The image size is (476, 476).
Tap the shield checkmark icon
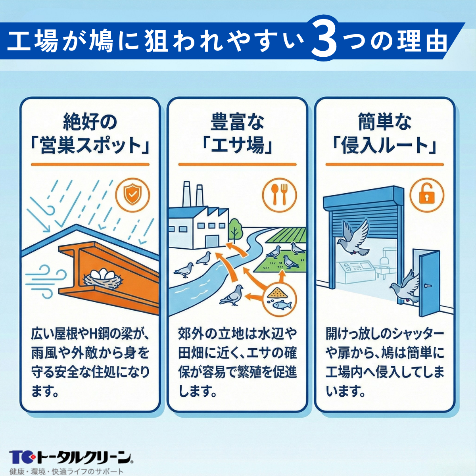[132, 194]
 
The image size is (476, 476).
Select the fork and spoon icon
[279, 194]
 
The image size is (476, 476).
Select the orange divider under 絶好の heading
[90, 164]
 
